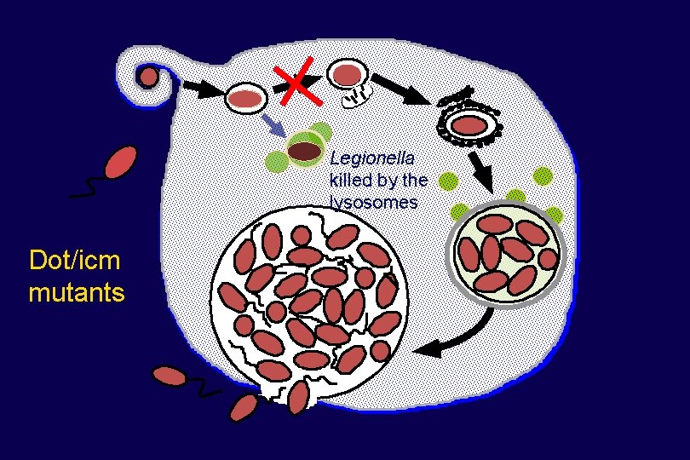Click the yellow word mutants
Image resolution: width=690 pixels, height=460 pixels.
(x=77, y=293)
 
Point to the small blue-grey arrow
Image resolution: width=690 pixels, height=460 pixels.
(x=273, y=125)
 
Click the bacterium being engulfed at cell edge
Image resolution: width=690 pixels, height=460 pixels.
(x=149, y=78)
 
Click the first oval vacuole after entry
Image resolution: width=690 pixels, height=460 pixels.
(x=245, y=99)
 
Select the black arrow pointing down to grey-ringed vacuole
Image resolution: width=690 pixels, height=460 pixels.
(x=480, y=171)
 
